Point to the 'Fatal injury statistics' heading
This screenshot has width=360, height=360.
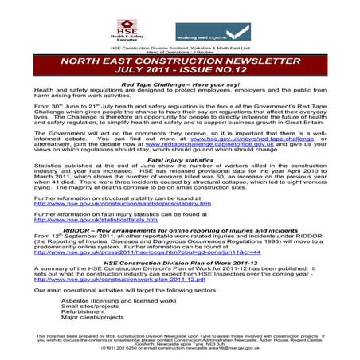[x=180, y=160]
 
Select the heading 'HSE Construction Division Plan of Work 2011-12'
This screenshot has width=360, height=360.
[x=180, y=260]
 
